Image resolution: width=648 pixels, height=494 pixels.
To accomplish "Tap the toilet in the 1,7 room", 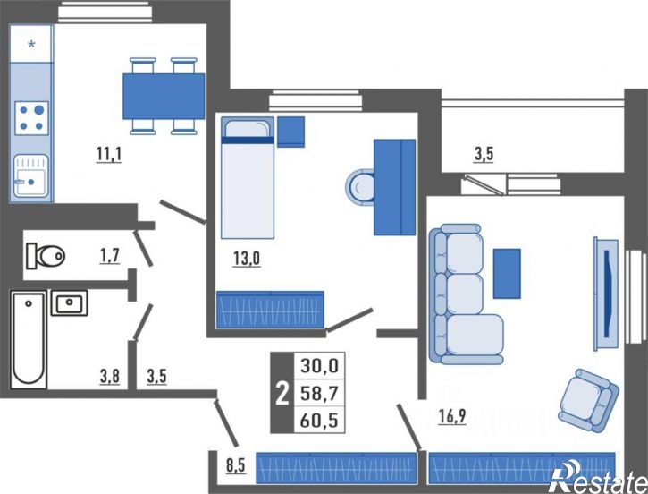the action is [x=46, y=256].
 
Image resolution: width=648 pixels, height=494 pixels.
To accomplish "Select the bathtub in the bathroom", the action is [x=29, y=340].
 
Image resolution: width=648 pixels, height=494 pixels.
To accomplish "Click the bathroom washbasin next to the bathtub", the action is [x=70, y=302].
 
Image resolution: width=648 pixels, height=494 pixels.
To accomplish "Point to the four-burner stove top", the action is [x=31, y=118].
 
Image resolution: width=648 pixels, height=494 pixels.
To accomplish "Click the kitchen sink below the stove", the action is [x=31, y=175].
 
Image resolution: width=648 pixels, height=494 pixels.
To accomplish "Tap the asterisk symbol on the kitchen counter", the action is [x=31, y=44].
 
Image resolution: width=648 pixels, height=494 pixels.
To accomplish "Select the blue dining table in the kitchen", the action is [x=164, y=96].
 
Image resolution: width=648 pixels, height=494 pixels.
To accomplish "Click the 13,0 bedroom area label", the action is [x=247, y=259].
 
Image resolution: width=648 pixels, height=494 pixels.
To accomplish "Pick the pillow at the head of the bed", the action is [x=248, y=128].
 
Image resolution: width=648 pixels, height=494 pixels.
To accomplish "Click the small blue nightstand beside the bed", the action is [x=291, y=132].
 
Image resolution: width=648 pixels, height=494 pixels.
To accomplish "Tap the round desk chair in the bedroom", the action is [x=360, y=187].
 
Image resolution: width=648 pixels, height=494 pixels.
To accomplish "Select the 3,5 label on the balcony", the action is [x=484, y=154].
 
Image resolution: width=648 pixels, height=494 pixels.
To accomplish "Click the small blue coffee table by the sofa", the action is [x=507, y=274].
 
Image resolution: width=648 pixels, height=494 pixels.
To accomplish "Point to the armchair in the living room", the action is [x=588, y=401].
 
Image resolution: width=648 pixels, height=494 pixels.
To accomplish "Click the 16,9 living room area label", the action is [x=452, y=416].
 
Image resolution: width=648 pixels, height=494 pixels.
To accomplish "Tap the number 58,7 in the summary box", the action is [x=319, y=393].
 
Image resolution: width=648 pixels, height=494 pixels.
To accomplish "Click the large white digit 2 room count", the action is [x=282, y=394].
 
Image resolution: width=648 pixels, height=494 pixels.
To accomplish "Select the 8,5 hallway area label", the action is [x=236, y=465].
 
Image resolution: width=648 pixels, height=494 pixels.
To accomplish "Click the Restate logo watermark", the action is [x=599, y=478].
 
